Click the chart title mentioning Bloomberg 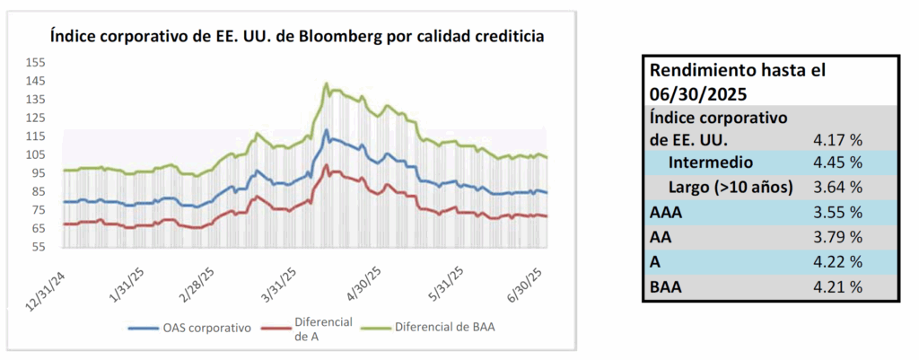tap(297, 36)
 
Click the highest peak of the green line tap(326, 83)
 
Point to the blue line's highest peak tap(326, 129)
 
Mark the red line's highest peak tap(326, 165)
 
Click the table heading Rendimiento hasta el tap(738, 72)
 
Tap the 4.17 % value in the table tap(837, 140)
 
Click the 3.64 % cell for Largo tap(837, 188)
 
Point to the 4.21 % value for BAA tap(837, 287)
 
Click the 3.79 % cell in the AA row tap(837, 238)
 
